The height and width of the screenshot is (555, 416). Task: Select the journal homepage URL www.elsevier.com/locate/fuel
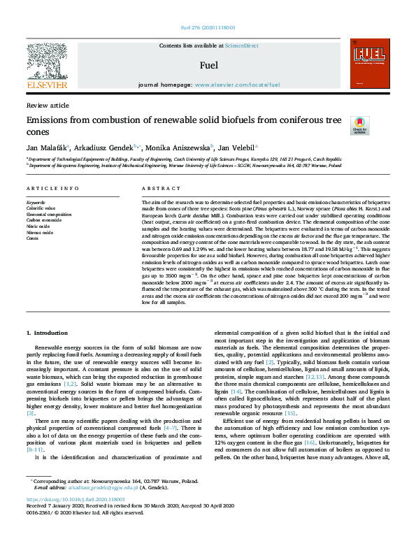pyautogui.click(x=237, y=84)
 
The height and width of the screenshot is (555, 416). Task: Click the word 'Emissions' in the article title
pyautogui.click(x=50, y=120)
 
